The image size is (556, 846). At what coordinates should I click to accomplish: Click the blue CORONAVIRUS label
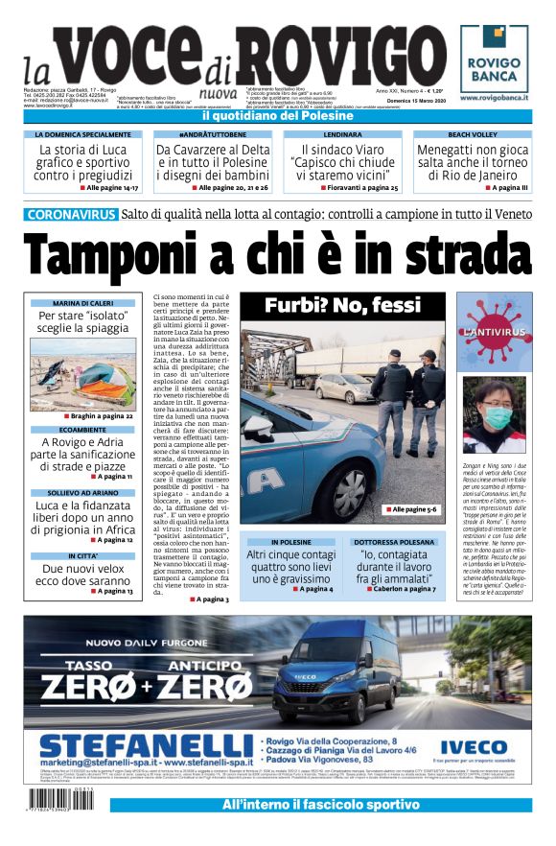[72, 215]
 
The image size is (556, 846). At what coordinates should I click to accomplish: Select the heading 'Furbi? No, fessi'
[341, 306]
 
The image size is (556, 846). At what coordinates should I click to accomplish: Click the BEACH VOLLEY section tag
[473, 135]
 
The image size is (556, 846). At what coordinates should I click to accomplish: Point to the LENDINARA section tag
[342, 135]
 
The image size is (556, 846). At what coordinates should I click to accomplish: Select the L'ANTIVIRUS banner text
[494, 332]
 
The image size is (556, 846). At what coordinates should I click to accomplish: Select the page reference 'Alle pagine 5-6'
[413, 509]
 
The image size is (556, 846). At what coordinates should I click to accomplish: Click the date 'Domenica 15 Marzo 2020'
[412, 100]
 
